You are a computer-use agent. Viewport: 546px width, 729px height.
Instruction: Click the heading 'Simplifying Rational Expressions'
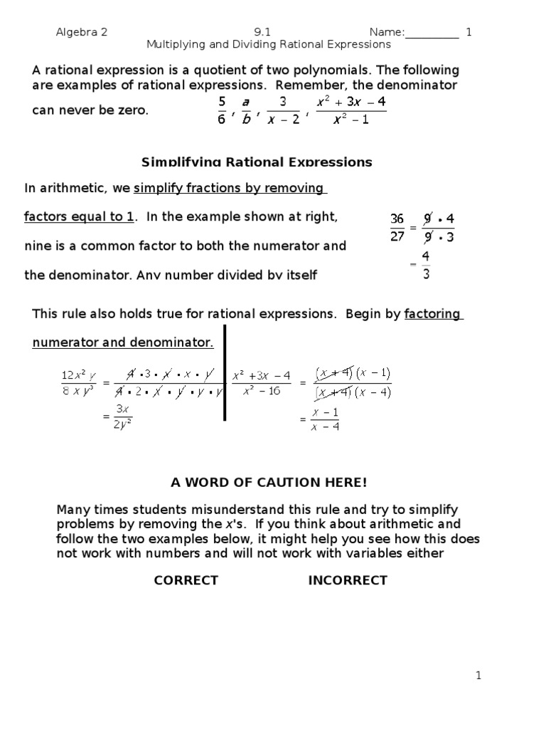pos(257,162)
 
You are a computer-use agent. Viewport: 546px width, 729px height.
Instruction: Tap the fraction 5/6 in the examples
pos(222,110)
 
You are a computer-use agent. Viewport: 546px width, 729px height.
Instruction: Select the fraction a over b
pos(246,110)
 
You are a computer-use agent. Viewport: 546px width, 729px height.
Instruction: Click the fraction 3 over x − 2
pos(282,110)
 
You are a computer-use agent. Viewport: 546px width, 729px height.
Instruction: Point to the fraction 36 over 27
pos(397,228)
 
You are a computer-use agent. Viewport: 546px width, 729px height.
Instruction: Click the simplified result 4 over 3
pos(425,264)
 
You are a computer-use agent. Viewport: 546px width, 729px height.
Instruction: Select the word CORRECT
pos(186,580)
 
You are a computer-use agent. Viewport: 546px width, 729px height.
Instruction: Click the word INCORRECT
pos(347,580)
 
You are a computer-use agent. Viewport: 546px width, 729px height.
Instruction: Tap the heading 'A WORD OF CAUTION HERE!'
pos(269,483)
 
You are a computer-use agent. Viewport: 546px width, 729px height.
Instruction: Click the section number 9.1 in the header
pos(262,32)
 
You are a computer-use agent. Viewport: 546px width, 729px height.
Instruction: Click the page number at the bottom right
pos(478,676)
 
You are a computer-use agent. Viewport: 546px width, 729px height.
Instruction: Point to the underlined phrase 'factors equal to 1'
pos(78,217)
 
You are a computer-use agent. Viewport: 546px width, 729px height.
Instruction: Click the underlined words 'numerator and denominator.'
pos(122,342)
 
